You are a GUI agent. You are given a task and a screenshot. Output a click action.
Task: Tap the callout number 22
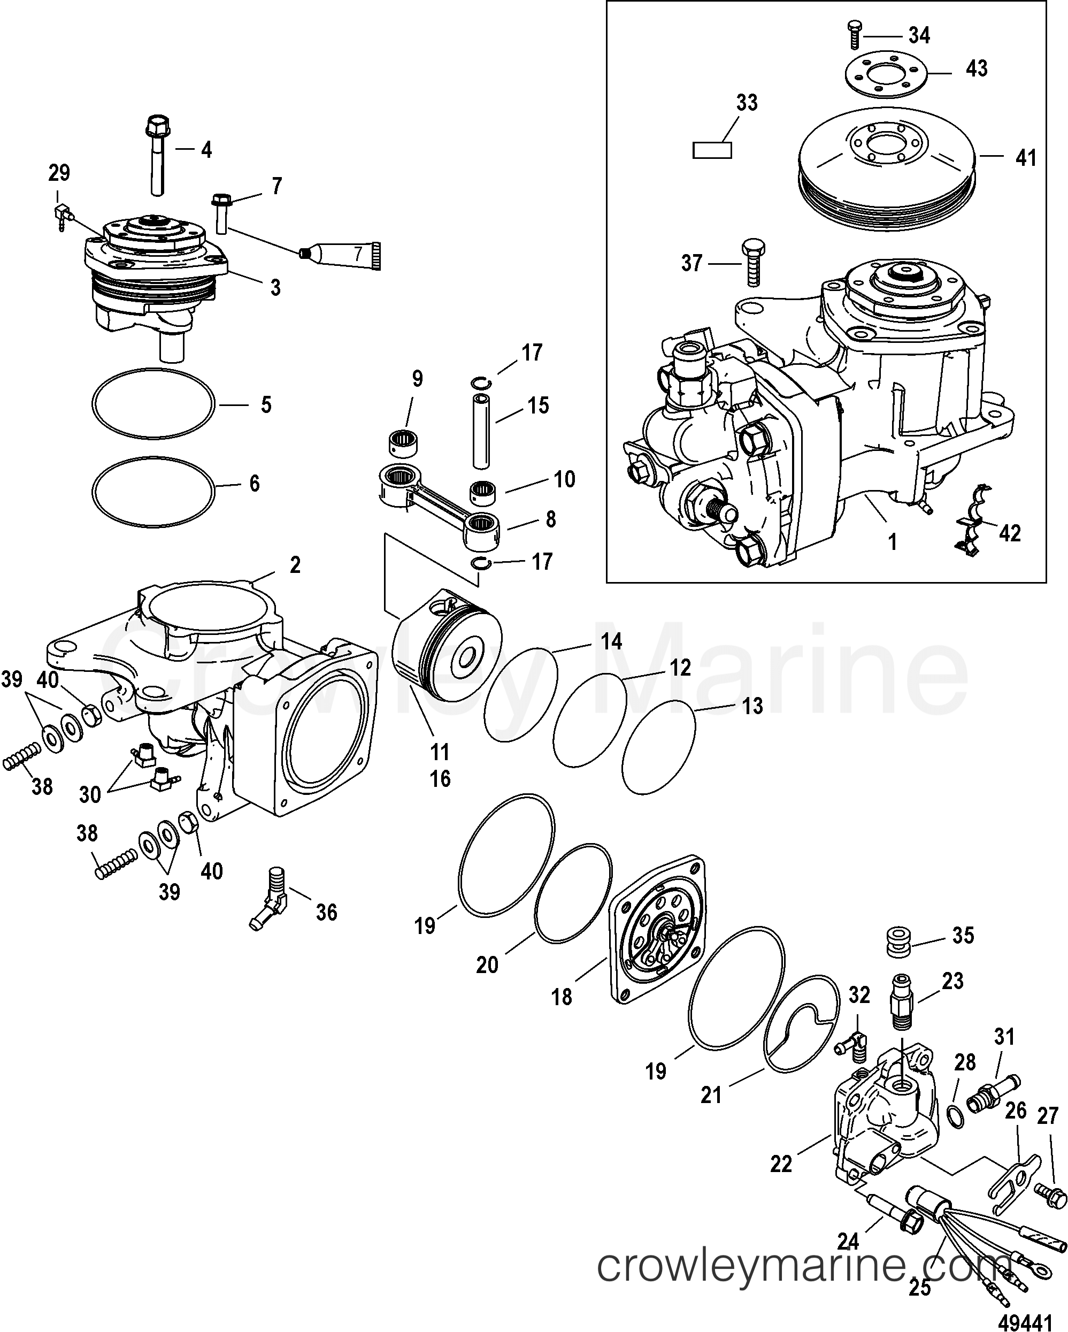781,1164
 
